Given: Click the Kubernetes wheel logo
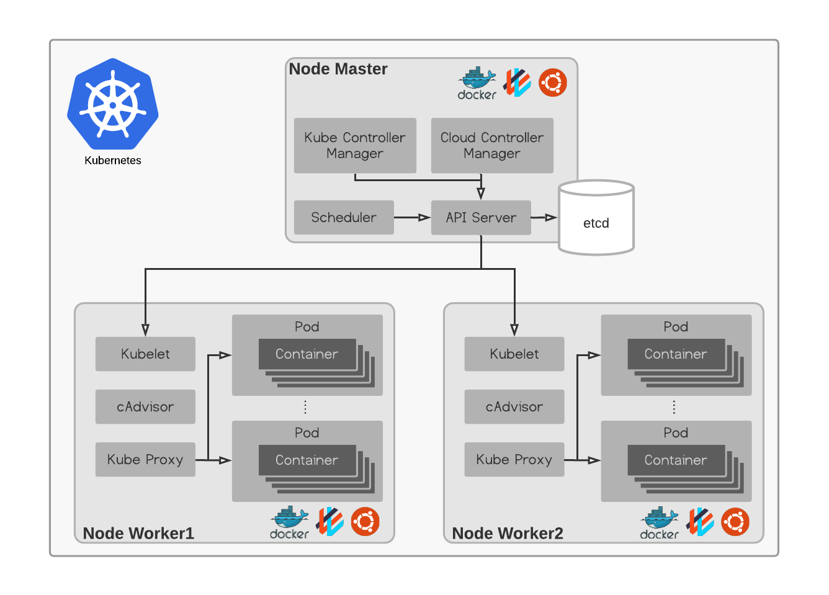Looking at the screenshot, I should (113, 104).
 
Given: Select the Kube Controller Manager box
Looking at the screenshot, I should (355, 145).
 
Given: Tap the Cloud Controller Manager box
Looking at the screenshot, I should (492, 145).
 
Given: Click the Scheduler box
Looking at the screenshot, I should (344, 217).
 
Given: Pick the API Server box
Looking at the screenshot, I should (481, 217).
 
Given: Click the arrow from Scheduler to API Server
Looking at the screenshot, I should (412, 217).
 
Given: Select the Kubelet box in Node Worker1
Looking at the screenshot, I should (145, 354).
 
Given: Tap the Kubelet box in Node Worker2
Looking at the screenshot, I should (514, 354).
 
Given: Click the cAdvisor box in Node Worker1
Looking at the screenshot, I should (145, 406).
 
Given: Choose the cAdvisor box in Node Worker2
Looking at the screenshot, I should (514, 406).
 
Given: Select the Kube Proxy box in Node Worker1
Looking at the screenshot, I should (145, 459).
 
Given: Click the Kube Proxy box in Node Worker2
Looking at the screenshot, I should (514, 459).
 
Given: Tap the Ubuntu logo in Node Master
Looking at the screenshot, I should (552, 83).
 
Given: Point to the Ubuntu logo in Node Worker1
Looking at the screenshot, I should (365, 522).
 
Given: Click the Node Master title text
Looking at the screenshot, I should (338, 69).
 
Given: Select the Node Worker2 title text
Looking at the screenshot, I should (508, 534).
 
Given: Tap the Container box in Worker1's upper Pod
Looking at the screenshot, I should (307, 354).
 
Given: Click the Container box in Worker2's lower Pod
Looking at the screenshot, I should (676, 460).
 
